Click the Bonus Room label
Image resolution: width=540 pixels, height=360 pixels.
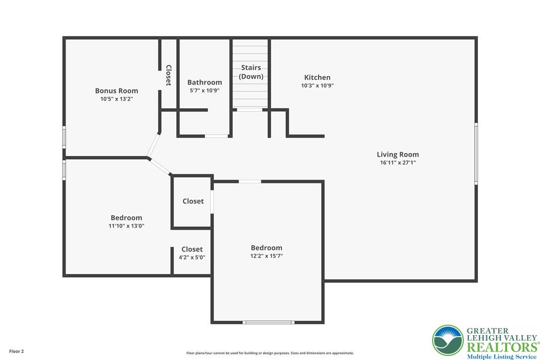(x=116, y=90)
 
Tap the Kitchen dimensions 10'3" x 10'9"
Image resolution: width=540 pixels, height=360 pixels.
(x=317, y=86)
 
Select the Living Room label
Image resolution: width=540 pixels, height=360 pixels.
(x=398, y=155)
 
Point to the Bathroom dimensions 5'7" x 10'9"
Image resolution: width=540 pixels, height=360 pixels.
(x=204, y=90)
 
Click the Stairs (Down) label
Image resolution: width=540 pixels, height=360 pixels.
(x=251, y=72)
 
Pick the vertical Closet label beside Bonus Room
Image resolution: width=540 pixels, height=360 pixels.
(x=169, y=75)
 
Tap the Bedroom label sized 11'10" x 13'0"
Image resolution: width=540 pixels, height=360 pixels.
(x=126, y=218)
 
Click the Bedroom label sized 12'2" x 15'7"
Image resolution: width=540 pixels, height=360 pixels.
(x=267, y=248)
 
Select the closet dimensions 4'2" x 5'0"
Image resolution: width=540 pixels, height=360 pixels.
(x=192, y=258)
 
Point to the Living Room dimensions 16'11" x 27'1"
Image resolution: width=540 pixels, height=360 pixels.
(x=398, y=163)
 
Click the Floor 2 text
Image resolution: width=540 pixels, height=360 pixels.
(x=16, y=352)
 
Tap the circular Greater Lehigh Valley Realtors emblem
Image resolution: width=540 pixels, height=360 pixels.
(x=448, y=341)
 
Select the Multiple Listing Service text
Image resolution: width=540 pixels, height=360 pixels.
(x=502, y=357)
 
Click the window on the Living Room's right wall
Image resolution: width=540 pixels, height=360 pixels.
(x=476, y=154)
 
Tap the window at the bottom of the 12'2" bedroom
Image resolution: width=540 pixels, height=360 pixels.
(x=269, y=322)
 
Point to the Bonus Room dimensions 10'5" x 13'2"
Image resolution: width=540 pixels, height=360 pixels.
(x=116, y=99)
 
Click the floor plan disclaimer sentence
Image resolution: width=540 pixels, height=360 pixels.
(x=270, y=353)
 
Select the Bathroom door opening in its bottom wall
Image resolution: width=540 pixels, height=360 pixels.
(x=216, y=136)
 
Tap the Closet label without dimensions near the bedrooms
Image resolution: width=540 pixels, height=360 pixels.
(x=193, y=201)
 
